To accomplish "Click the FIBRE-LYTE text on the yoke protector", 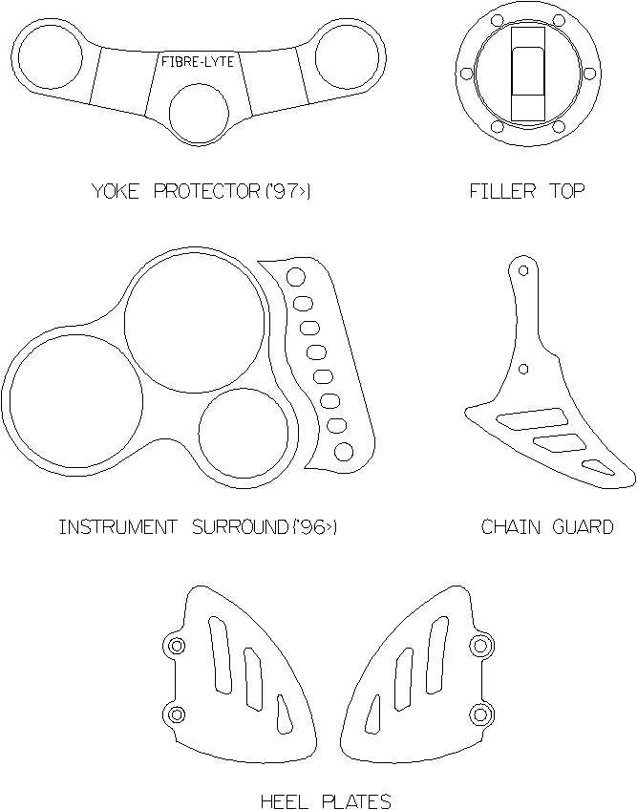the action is [x=198, y=62].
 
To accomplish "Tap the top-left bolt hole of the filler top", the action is [x=497, y=21].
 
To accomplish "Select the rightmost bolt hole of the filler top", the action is [x=588, y=74].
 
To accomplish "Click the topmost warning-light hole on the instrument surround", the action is [x=295, y=277].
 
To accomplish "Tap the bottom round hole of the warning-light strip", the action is [x=344, y=452].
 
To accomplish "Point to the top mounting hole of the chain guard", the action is [x=523, y=270].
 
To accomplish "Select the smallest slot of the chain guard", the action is [x=598, y=466].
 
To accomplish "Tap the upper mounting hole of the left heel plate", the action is [x=177, y=646].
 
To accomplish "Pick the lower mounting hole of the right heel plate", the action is [x=480, y=714].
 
